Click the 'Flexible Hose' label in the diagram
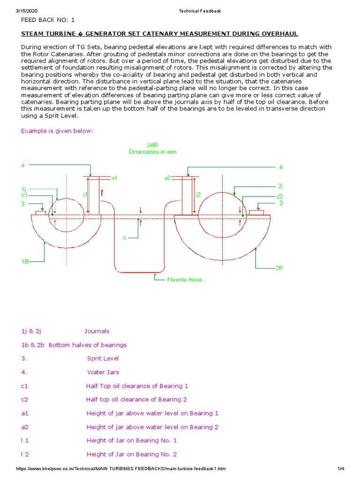click(x=185, y=280)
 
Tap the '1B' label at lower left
click(x=25, y=262)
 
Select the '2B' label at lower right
click(x=279, y=268)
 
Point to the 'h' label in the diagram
click(x=125, y=238)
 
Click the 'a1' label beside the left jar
click(x=114, y=178)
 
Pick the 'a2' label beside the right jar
click(x=167, y=178)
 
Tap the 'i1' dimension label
click(x=85, y=194)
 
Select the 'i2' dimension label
click(x=198, y=194)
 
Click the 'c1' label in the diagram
click(x=24, y=195)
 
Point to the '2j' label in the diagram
click(x=280, y=186)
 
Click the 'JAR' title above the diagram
click(x=152, y=145)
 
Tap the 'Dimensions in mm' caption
click(x=153, y=152)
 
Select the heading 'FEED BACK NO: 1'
click(x=47, y=20)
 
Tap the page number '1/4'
click(x=341, y=469)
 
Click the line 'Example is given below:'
click(x=57, y=131)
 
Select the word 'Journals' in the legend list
click(x=97, y=331)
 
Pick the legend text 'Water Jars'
click(x=103, y=372)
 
